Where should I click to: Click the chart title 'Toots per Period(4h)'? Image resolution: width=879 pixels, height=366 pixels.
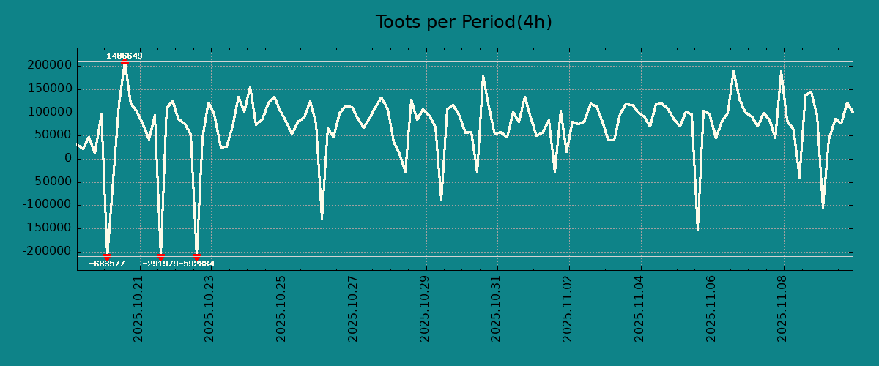coord(463,22)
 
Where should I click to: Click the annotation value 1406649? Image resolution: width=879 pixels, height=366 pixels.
coord(125,56)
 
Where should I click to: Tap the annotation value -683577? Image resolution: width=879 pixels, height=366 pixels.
coord(107,264)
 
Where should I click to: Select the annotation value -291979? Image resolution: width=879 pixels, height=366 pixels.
coord(160,264)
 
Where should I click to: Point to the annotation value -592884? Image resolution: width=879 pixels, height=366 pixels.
coord(197,264)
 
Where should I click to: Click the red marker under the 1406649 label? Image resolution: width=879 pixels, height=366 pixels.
coord(125,62)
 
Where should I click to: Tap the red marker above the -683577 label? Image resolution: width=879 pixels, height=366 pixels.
coord(107,257)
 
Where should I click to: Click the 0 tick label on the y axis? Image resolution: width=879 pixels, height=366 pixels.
coord(68,159)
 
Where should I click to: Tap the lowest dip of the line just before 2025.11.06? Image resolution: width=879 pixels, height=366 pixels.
coord(697,231)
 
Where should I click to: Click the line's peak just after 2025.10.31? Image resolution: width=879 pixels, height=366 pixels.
coord(524,97)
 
